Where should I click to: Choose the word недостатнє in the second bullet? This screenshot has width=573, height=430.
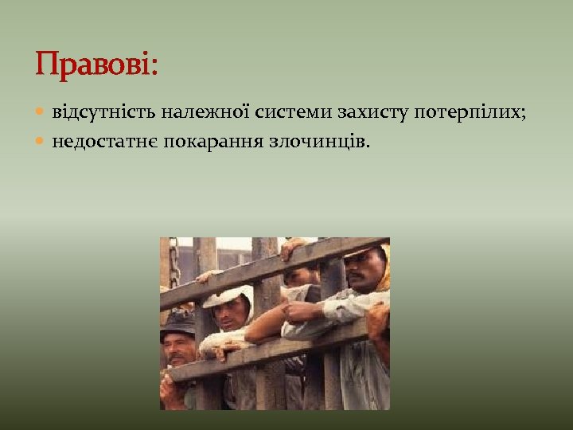tap(104, 142)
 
